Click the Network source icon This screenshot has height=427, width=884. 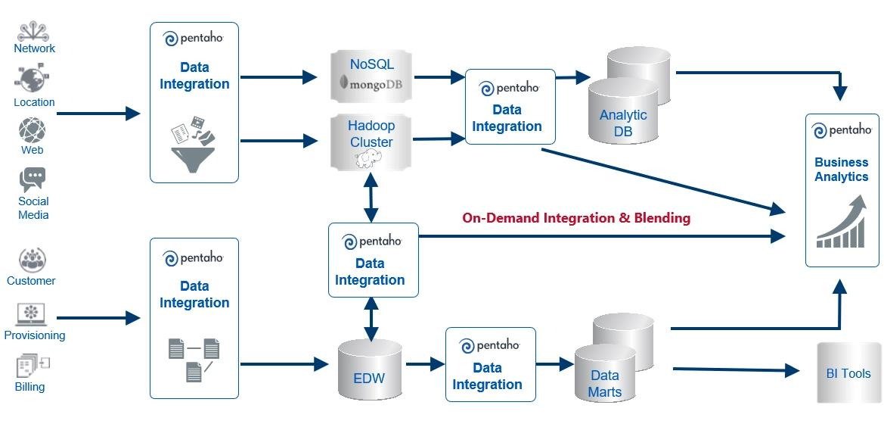[x=33, y=30]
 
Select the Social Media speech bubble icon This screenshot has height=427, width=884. [x=33, y=179]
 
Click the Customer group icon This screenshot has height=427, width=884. [x=32, y=260]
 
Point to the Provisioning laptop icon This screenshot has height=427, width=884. [x=31, y=313]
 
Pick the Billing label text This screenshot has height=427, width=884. [x=30, y=386]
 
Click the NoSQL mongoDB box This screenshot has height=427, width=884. [x=372, y=76]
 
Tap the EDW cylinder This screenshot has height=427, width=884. [x=370, y=369]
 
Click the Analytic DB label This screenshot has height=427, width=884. [x=623, y=123]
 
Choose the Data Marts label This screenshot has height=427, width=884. [x=605, y=383]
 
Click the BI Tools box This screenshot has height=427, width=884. [x=848, y=372]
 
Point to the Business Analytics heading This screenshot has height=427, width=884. [x=841, y=169]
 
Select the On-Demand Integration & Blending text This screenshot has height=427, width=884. [x=576, y=218]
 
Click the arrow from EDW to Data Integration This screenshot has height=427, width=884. [x=425, y=364]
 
